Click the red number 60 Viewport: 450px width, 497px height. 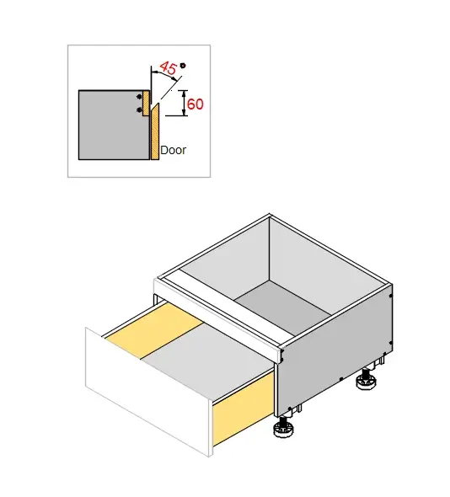[196, 104]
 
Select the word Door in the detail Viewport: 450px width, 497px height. [174, 151]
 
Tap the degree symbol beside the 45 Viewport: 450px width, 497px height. [184, 65]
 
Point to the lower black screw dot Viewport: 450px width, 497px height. [140, 110]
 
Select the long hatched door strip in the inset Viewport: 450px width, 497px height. [155, 131]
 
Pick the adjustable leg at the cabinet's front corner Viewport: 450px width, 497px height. [283, 431]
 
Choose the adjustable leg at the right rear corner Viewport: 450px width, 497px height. [366, 383]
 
